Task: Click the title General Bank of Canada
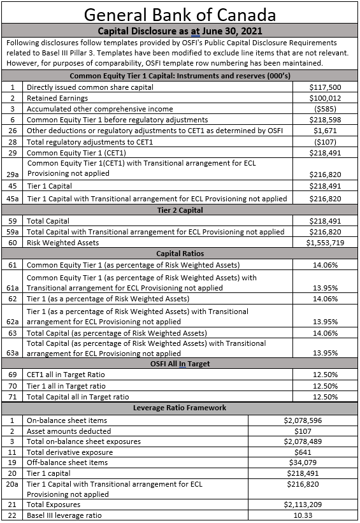[180, 14]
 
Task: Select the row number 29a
[12, 173]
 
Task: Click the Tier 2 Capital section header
[180, 209]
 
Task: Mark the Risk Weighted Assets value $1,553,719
[324, 242]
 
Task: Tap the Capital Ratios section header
[180, 254]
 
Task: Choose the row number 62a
[12, 322]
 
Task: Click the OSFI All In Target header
[180, 364]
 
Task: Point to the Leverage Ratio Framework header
[180, 408]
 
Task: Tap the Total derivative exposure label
[66, 452]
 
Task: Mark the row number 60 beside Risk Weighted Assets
[12, 242]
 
